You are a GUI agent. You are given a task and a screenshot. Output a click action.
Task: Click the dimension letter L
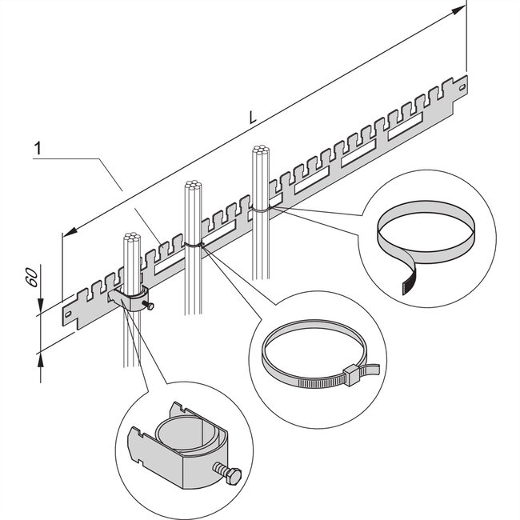pyautogui.click(x=253, y=117)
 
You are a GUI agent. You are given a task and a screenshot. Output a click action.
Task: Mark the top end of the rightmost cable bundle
pyautogui.click(x=258, y=150)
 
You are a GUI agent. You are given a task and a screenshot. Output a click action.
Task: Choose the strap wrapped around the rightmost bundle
pyautogui.click(x=261, y=206)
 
